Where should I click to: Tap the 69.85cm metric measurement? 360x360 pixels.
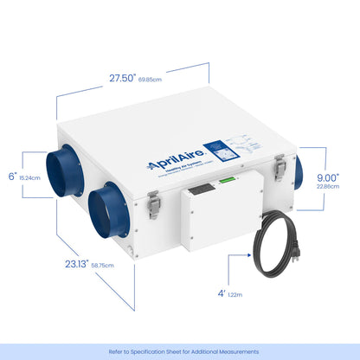click(150, 79)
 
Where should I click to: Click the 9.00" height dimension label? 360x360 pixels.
click(327, 177)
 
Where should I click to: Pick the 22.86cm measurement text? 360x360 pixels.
click(327, 186)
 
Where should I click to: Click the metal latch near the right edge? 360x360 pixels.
click(280, 166)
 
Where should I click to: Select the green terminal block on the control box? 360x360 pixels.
click(222, 180)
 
